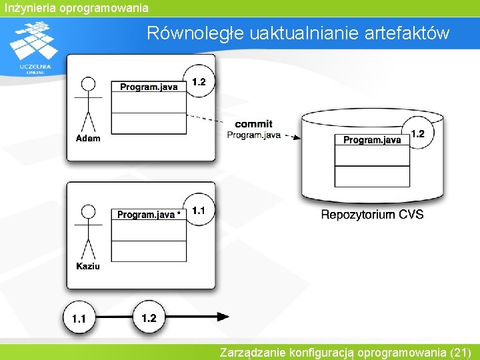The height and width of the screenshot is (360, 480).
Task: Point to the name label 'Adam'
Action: coord(88,138)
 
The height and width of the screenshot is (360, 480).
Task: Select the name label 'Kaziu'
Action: coord(88,266)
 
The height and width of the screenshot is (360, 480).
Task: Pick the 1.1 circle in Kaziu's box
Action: coord(198,211)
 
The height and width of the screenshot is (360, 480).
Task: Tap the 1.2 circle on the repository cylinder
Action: coord(417,135)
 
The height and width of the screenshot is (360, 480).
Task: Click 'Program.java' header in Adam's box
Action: coord(149,87)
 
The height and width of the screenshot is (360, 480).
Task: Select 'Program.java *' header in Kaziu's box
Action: coord(149,215)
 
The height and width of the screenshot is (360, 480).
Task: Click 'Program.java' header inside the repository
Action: coord(372,140)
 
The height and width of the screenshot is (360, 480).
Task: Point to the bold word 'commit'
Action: coord(253,124)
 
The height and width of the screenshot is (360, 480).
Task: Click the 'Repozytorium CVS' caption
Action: coord(372,215)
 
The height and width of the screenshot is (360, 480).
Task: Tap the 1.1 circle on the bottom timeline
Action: coord(79,319)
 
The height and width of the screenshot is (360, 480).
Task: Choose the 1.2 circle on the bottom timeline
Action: coord(149,318)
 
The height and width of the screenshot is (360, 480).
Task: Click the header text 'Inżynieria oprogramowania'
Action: coord(75,8)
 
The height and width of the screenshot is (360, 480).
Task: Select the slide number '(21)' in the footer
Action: coord(461,352)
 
